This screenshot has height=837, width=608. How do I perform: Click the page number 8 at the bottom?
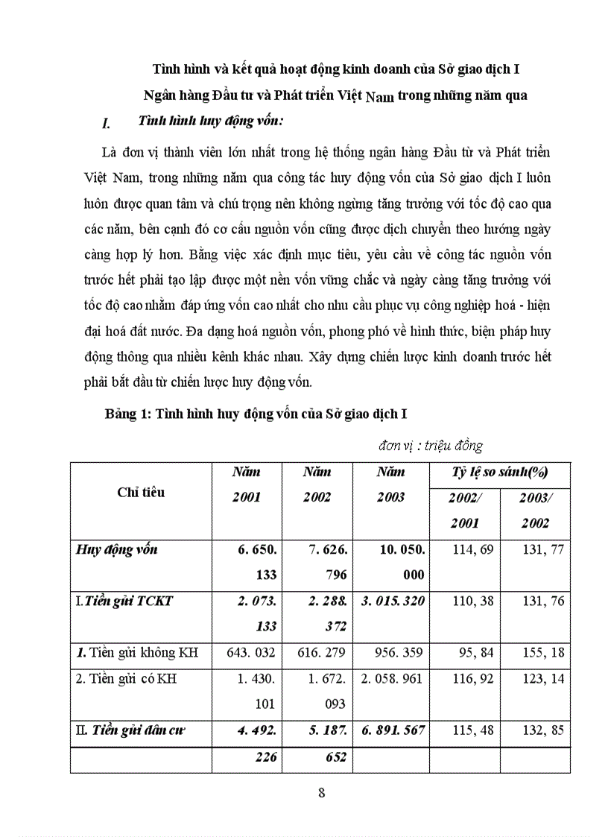321,792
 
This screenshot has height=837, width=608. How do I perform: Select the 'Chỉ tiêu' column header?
141,492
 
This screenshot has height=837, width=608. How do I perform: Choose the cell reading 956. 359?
392,652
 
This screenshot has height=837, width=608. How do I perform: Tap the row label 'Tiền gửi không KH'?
136,652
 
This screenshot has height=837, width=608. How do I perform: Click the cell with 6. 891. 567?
392,730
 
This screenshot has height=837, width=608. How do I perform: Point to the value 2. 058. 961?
392,679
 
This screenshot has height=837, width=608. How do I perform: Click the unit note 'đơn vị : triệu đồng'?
430,446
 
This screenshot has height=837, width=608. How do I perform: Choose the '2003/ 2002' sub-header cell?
534,511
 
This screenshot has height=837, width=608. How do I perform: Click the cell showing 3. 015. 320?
392,601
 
